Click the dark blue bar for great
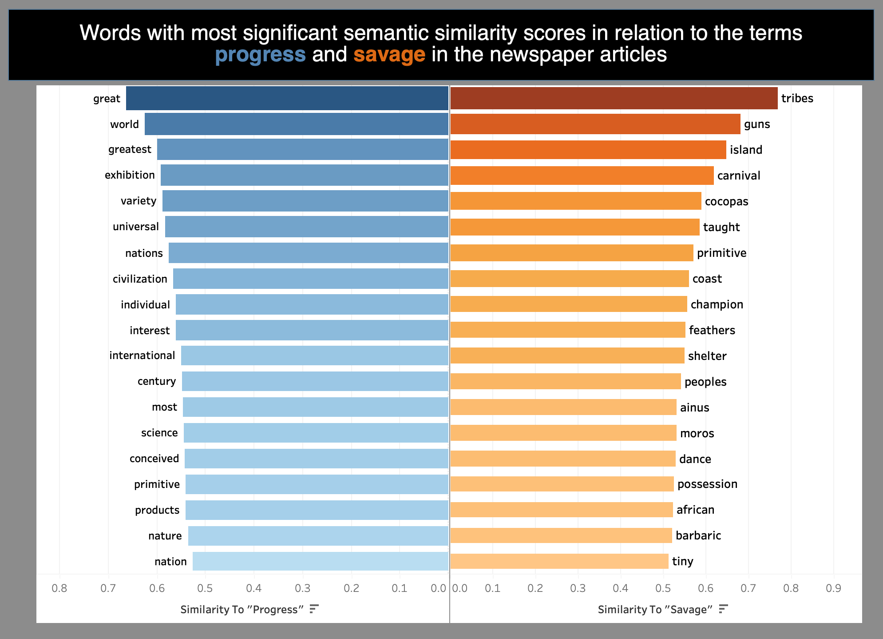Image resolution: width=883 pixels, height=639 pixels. [x=287, y=98]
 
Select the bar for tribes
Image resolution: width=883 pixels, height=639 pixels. [x=614, y=98]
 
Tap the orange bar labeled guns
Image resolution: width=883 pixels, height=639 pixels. [x=595, y=124]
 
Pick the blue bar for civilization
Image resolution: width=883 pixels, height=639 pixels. [x=310, y=279]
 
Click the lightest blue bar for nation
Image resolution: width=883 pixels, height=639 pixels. [x=320, y=561]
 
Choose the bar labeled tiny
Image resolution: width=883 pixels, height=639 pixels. [x=559, y=561]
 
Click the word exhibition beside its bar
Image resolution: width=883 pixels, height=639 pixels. [x=130, y=175]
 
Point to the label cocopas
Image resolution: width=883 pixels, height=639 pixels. [x=726, y=201]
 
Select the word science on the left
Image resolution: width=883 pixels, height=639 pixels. [x=159, y=433]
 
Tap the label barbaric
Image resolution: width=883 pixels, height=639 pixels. [x=698, y=535]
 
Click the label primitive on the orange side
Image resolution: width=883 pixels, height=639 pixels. [x=721, y=253]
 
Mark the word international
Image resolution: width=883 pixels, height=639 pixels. [x=142, y=355]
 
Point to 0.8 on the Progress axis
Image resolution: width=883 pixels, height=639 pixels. [x=59, y=589]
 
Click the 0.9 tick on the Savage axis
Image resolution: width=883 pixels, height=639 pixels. [x=833, y=589]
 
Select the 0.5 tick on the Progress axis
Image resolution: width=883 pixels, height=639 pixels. [x=206, y=589]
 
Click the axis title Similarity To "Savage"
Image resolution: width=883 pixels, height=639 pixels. [x=655, y=610]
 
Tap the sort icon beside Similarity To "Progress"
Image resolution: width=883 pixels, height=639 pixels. [x=314, y=609]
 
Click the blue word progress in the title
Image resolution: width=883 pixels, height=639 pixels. [x=260, y=55]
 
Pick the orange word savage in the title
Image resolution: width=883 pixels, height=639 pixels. [x=389, y=55]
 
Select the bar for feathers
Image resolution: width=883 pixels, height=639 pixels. [x=568, y=330]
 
